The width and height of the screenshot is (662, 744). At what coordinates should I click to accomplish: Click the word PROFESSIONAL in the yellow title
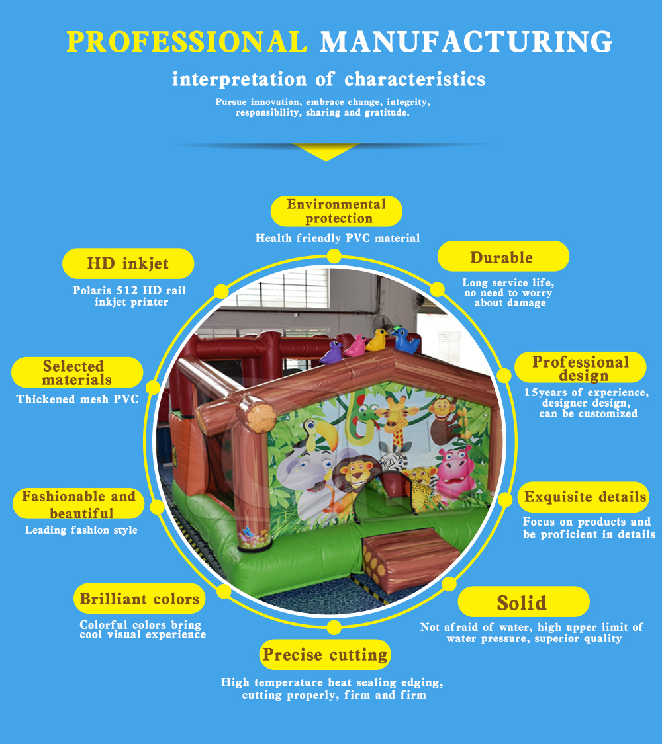(187, 42)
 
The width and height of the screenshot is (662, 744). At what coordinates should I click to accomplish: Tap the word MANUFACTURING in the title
(466, 42)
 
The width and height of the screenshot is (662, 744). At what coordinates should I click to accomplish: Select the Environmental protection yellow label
(336, 211)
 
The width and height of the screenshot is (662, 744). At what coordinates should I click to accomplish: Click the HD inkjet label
(128, 264)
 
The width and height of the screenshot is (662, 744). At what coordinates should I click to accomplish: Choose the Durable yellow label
(502, 257)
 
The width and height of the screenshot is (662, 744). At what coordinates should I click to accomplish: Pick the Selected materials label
(77, 373)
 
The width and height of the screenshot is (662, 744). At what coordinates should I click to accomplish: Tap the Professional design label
(581, 368)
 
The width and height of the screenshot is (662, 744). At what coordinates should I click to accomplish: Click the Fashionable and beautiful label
(78, 504)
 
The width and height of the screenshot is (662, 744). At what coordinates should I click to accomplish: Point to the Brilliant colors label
(139, 599)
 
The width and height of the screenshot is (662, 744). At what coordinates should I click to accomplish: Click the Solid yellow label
(522, 602)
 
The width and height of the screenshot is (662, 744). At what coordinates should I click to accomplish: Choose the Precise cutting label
(325, 655)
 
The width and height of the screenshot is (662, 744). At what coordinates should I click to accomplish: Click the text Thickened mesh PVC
(77, 399)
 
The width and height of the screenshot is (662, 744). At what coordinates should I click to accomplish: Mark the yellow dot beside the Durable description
(437, 290)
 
